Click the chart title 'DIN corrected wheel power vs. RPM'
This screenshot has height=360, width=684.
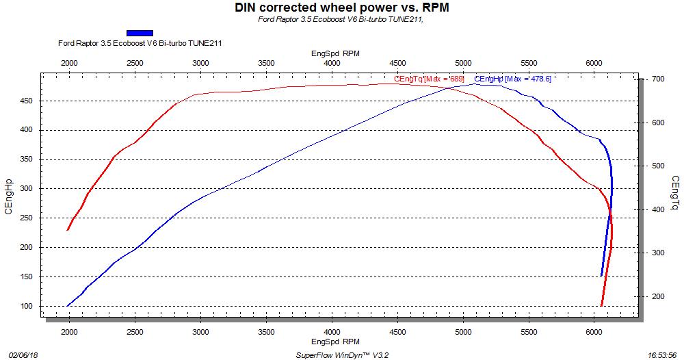342,8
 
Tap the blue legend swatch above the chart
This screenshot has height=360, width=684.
140,32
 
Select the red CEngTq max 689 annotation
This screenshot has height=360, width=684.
430,79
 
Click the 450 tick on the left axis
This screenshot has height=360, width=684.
25,101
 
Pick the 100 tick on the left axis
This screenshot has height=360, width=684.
25,306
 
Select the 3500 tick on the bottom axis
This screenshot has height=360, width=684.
266,331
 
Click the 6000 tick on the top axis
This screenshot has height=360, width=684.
594,63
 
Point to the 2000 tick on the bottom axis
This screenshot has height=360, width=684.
69,331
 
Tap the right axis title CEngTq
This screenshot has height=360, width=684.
675,194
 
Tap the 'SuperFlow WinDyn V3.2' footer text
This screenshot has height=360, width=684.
342,355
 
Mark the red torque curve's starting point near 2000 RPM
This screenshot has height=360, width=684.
67,229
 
